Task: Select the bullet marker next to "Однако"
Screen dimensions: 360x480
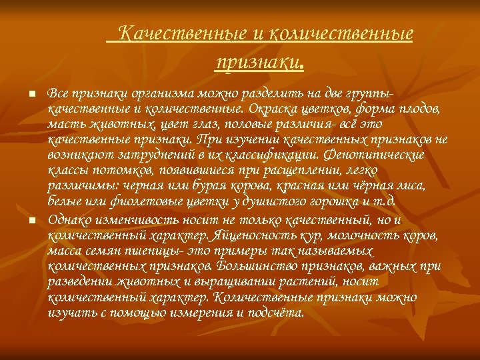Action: coord(31,221)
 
